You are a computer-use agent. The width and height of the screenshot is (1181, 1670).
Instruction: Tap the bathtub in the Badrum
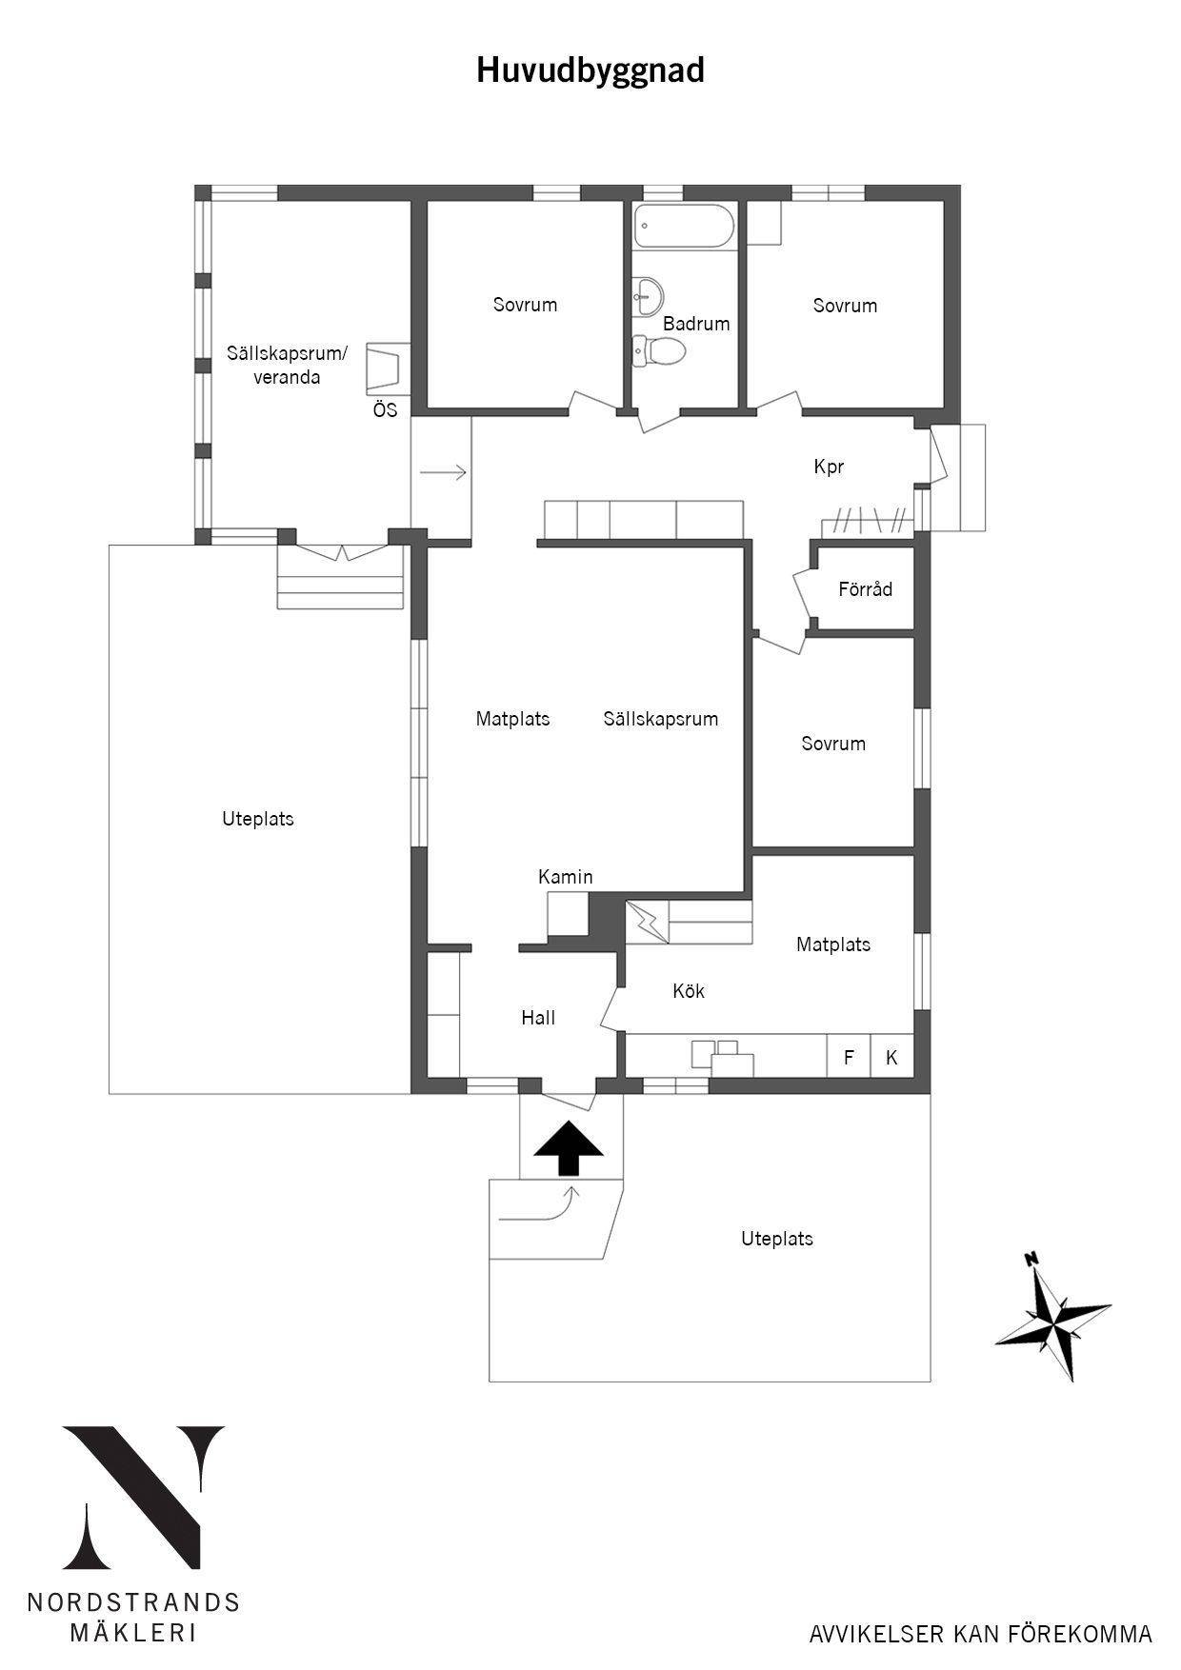pyautogui.click(x=685, y=227)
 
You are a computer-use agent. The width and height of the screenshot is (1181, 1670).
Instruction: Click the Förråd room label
pyautogui.click(x=866, y=589)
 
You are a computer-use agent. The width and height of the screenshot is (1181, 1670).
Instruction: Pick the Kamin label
pyautogui.click(x=566, y=877)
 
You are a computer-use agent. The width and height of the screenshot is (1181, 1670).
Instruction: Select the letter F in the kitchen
pyautogui.click(x=849, y=1058)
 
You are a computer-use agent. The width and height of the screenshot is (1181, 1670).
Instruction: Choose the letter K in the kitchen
pyautogui.click(x=891, y=1058)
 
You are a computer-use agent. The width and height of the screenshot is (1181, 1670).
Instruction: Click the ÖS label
pyautogui.click(x=385, y=410)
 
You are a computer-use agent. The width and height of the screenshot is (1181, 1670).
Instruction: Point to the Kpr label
pyautogui.click(x=829, y=467)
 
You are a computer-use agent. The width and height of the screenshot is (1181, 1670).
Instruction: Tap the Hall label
pyautogui.click(x=538, y=1018)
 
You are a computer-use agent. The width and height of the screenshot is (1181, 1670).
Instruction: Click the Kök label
pyautogui.click(x=689, y=991)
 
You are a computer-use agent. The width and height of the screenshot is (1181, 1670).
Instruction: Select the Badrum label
pyautogui.click(x=696, y=324)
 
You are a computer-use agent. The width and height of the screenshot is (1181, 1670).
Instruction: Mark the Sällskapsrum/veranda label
pyautogui.click(x=287, y=366)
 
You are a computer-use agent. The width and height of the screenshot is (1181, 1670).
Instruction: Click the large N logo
pyautogui.click(x=144, y=1499)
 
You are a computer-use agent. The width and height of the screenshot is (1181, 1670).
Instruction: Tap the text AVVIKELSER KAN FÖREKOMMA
pyautogui.click(x=981, y=1635)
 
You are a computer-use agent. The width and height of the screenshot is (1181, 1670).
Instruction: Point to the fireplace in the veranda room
pyautogui.click(x=388, y=368)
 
